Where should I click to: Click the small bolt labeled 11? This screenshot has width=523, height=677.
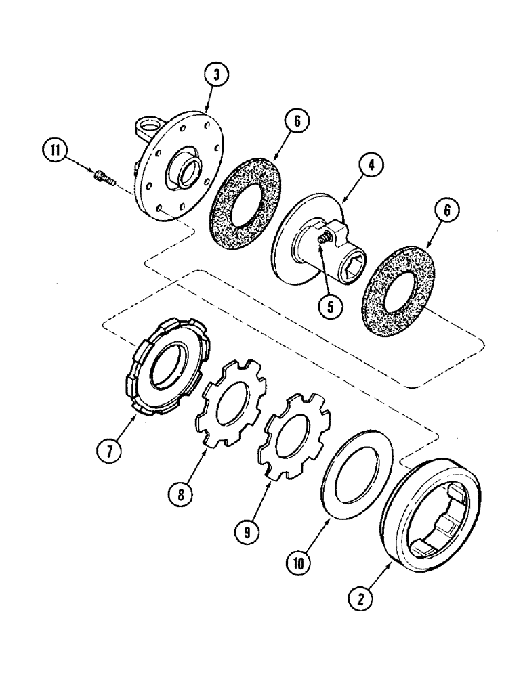point(104,177)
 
